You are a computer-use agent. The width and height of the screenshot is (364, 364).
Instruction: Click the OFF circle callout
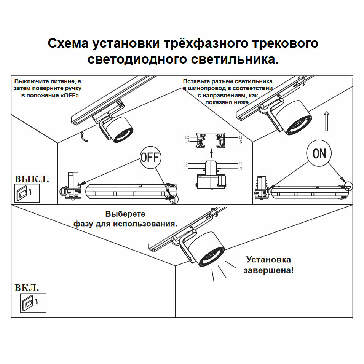[150, 157]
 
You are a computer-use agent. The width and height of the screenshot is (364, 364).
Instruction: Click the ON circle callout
[319, 153]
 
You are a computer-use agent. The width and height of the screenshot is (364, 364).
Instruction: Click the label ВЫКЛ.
[32, 179]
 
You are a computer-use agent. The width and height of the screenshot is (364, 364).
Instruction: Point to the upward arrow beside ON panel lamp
[326, 121]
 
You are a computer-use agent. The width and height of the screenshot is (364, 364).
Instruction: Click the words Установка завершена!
[268, 265]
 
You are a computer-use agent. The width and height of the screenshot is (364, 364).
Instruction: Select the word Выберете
[125, 214]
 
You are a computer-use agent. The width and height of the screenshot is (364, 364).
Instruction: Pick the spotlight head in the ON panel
[294, 117]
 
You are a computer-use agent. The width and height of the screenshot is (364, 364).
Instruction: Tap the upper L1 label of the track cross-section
[240, 137]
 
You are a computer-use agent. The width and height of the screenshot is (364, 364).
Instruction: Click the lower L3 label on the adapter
[185, 168]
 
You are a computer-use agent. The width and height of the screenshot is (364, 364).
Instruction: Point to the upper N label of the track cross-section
[241, 142]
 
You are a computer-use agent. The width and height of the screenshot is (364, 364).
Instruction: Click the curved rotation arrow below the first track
[85, 137]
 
